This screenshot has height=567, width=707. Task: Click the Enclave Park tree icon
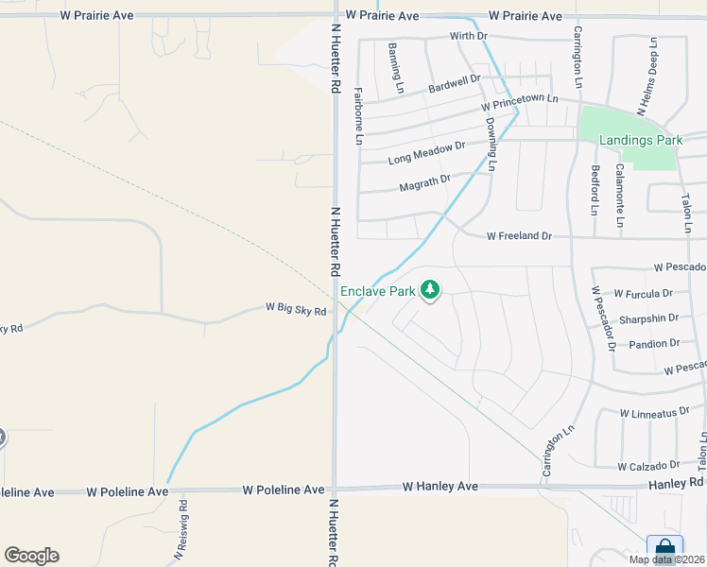(430, 289)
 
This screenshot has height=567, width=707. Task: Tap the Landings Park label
(641, 140)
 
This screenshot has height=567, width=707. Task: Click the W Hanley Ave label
(440, 487)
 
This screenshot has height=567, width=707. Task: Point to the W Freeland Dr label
(519, 235)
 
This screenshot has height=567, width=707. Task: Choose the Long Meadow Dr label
(426, 153)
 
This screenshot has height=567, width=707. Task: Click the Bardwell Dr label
(454, 83)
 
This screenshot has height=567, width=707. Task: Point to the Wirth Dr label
(468, 36)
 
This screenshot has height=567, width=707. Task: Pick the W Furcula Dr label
(643, 294)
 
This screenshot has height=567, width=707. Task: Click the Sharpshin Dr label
(647, 319)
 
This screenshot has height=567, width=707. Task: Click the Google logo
(31, 556)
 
